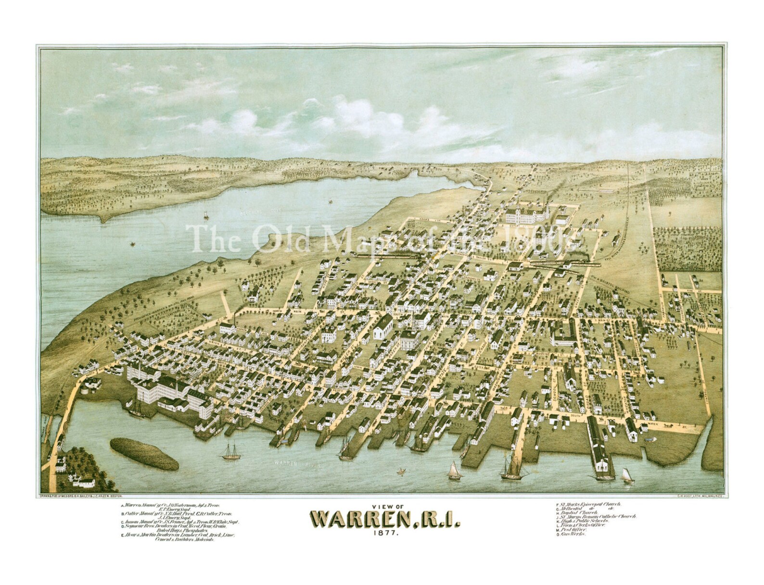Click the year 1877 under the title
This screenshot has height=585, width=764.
(x=382, y=533)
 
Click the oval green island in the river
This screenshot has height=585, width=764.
(x=144, y=453)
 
